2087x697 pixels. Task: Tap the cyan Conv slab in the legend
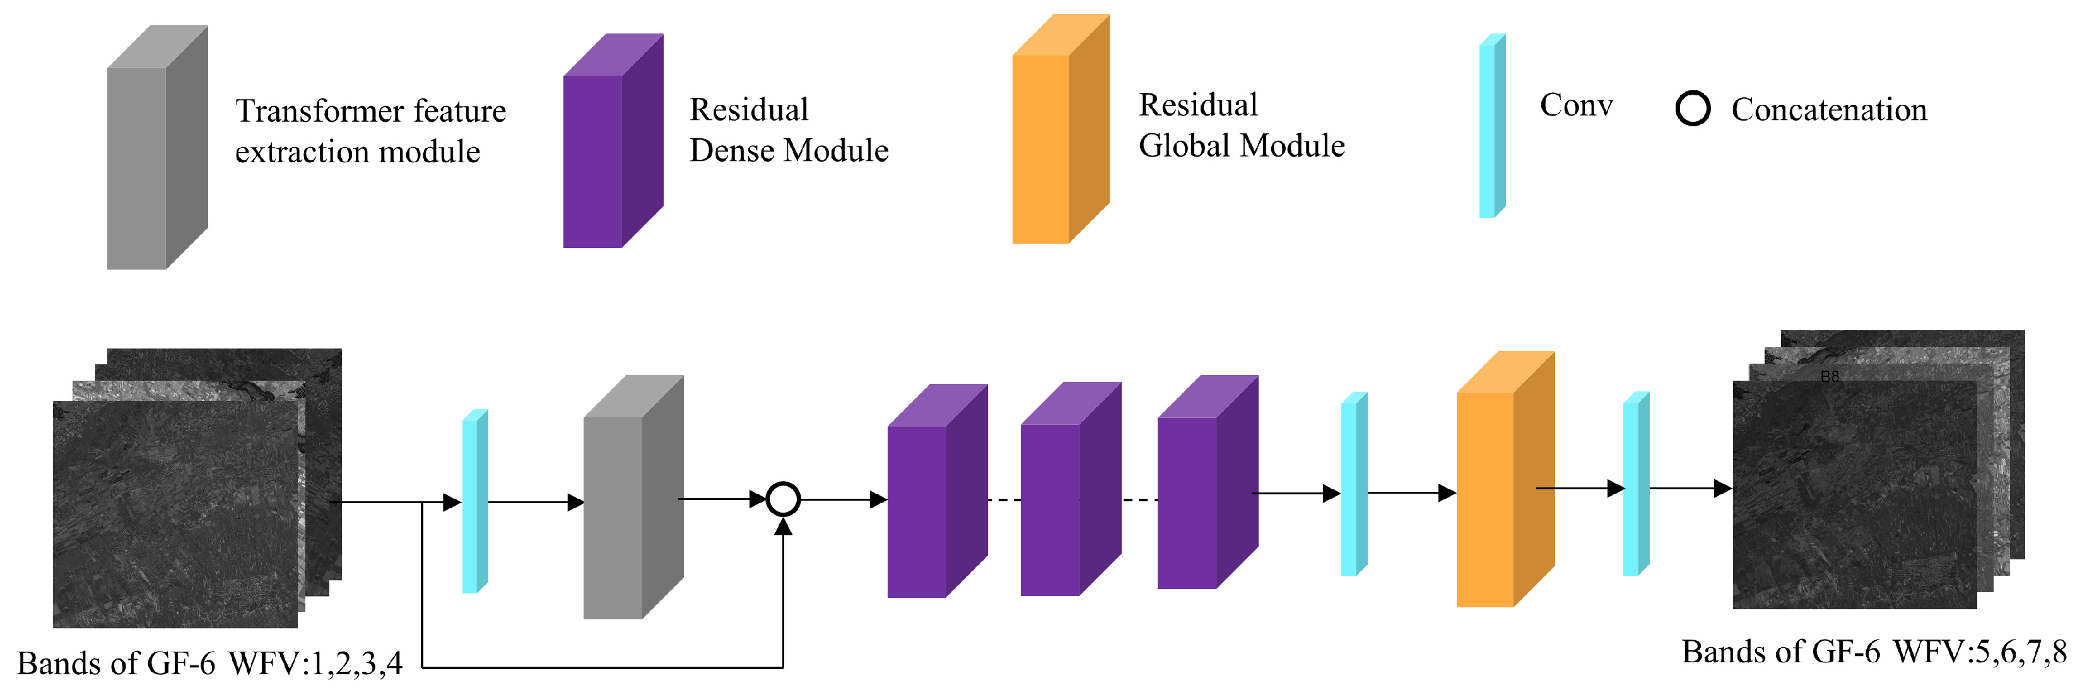point(1491,126)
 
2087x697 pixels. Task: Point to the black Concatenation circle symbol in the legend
point(1693,109)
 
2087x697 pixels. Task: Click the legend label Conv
point(1576,105)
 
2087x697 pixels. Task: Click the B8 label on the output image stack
point(1830,377)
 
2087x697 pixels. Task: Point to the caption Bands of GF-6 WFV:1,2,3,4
point(209,664)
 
